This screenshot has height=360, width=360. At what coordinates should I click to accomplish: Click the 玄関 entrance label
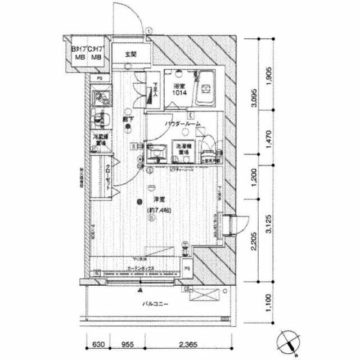pos(130,55)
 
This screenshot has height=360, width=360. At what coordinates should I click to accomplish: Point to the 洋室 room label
pos(159,200)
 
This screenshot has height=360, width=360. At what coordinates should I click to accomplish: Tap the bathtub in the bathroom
pos(207,89)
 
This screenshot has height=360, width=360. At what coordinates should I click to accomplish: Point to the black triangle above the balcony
pos(140,290)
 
